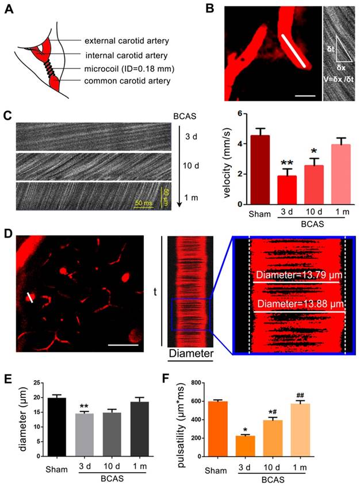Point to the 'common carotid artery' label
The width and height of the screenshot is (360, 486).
[127, 81]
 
